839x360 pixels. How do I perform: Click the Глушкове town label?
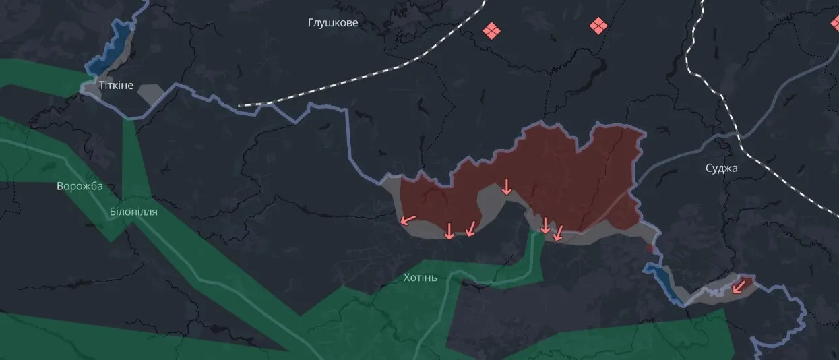[x=333, y=23]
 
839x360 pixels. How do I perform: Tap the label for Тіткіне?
[x=116, y=86]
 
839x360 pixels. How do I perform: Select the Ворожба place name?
[x=80, y=186]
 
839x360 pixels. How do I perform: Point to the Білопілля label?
[x=133, y=212]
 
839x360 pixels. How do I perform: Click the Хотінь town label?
[x=420, y=277]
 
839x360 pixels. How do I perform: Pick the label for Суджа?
[x=722, y=168]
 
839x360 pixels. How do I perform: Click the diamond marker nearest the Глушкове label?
[x=492, y=30]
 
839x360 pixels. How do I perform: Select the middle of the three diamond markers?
[x=598, y=26]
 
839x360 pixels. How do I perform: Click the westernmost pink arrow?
[x=408, y=219]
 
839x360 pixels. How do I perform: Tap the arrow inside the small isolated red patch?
[x=739, y=287]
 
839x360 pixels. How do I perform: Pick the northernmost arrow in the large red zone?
[x=507, y=187]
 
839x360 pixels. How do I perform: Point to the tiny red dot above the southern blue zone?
[x=650, y=249]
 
